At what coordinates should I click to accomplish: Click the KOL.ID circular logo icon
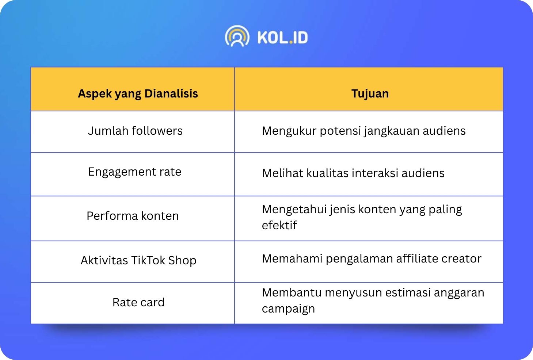coord(237,36)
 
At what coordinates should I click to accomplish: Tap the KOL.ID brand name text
coord(283,37)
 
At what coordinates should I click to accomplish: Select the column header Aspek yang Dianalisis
coord(138,93)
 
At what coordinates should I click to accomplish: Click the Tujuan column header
coord(370,93)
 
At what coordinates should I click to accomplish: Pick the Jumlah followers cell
coord(135,131)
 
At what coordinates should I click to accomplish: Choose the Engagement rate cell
coord(135,172)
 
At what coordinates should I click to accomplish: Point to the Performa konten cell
coord(133,216)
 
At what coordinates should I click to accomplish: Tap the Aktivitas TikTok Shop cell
coord(138,260)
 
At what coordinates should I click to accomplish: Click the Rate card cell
coord(138,302)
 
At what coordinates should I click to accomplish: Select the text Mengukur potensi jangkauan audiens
coord(363,131)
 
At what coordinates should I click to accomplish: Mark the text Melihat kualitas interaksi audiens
coord(353,173)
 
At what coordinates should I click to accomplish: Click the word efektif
coord(279,225)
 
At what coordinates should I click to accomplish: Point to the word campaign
coord(288,309)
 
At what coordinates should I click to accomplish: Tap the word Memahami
coord(292,258)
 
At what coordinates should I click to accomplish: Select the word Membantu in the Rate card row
coord(292,292)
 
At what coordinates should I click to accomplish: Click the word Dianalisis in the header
coord(171,93)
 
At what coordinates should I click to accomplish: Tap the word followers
coord(157,131)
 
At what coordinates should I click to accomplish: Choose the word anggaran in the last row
coord(459,293)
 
